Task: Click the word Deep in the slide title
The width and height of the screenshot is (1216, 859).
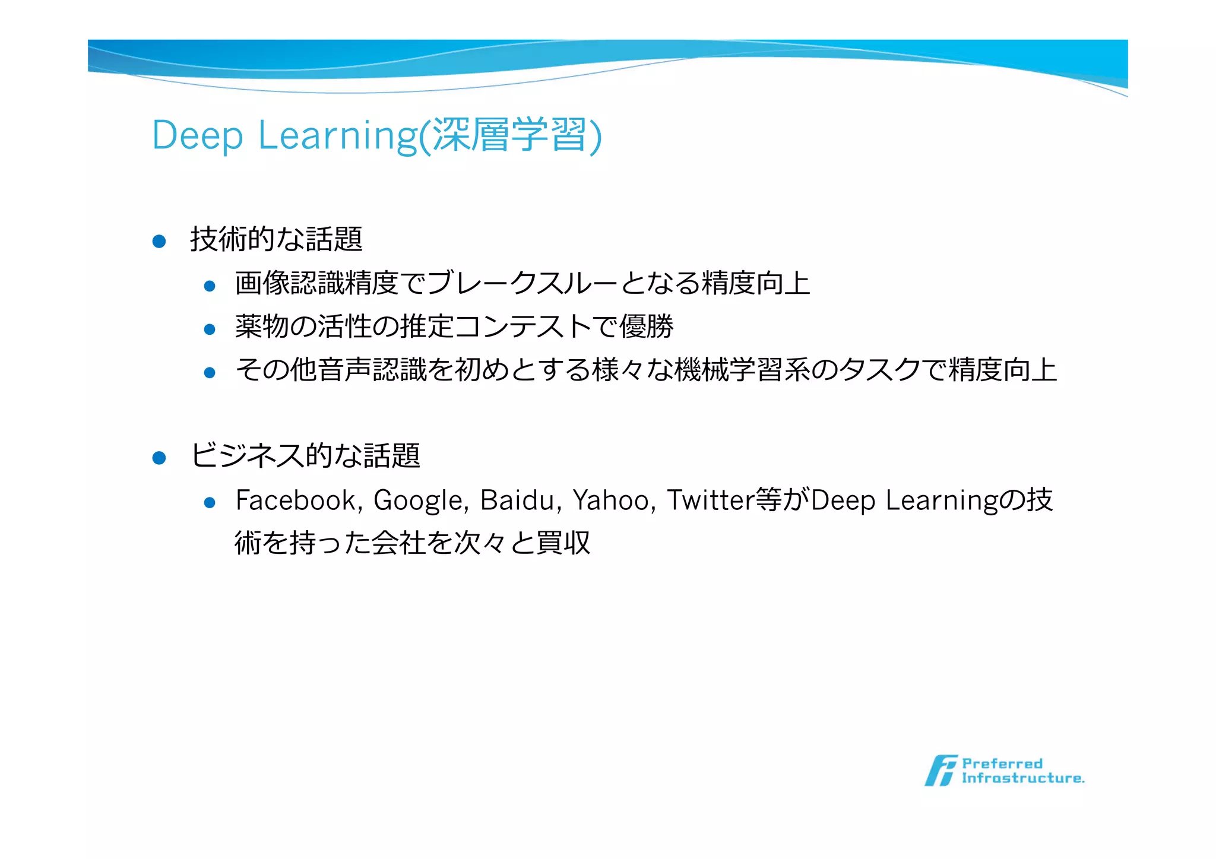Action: (x=197, y=136)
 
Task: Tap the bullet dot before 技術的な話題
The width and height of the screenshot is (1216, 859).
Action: (x=159, y=241)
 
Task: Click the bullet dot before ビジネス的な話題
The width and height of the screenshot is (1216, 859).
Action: (x=159, y=458)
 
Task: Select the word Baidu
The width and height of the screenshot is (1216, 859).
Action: (x=517, y=500)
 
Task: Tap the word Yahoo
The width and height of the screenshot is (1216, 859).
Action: (x=612, y=500)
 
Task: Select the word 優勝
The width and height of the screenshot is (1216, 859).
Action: (x=646, y=327)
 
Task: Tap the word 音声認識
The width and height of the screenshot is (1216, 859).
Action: (x=372, y=370)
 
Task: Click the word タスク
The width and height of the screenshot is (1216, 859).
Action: (x=881, y=370)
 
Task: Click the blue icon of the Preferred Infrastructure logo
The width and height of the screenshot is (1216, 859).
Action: (x=940, y=771)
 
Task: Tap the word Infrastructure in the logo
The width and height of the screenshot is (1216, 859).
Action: (x=1022, y=778)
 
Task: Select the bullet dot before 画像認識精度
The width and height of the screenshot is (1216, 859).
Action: (x=209, y=286)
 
